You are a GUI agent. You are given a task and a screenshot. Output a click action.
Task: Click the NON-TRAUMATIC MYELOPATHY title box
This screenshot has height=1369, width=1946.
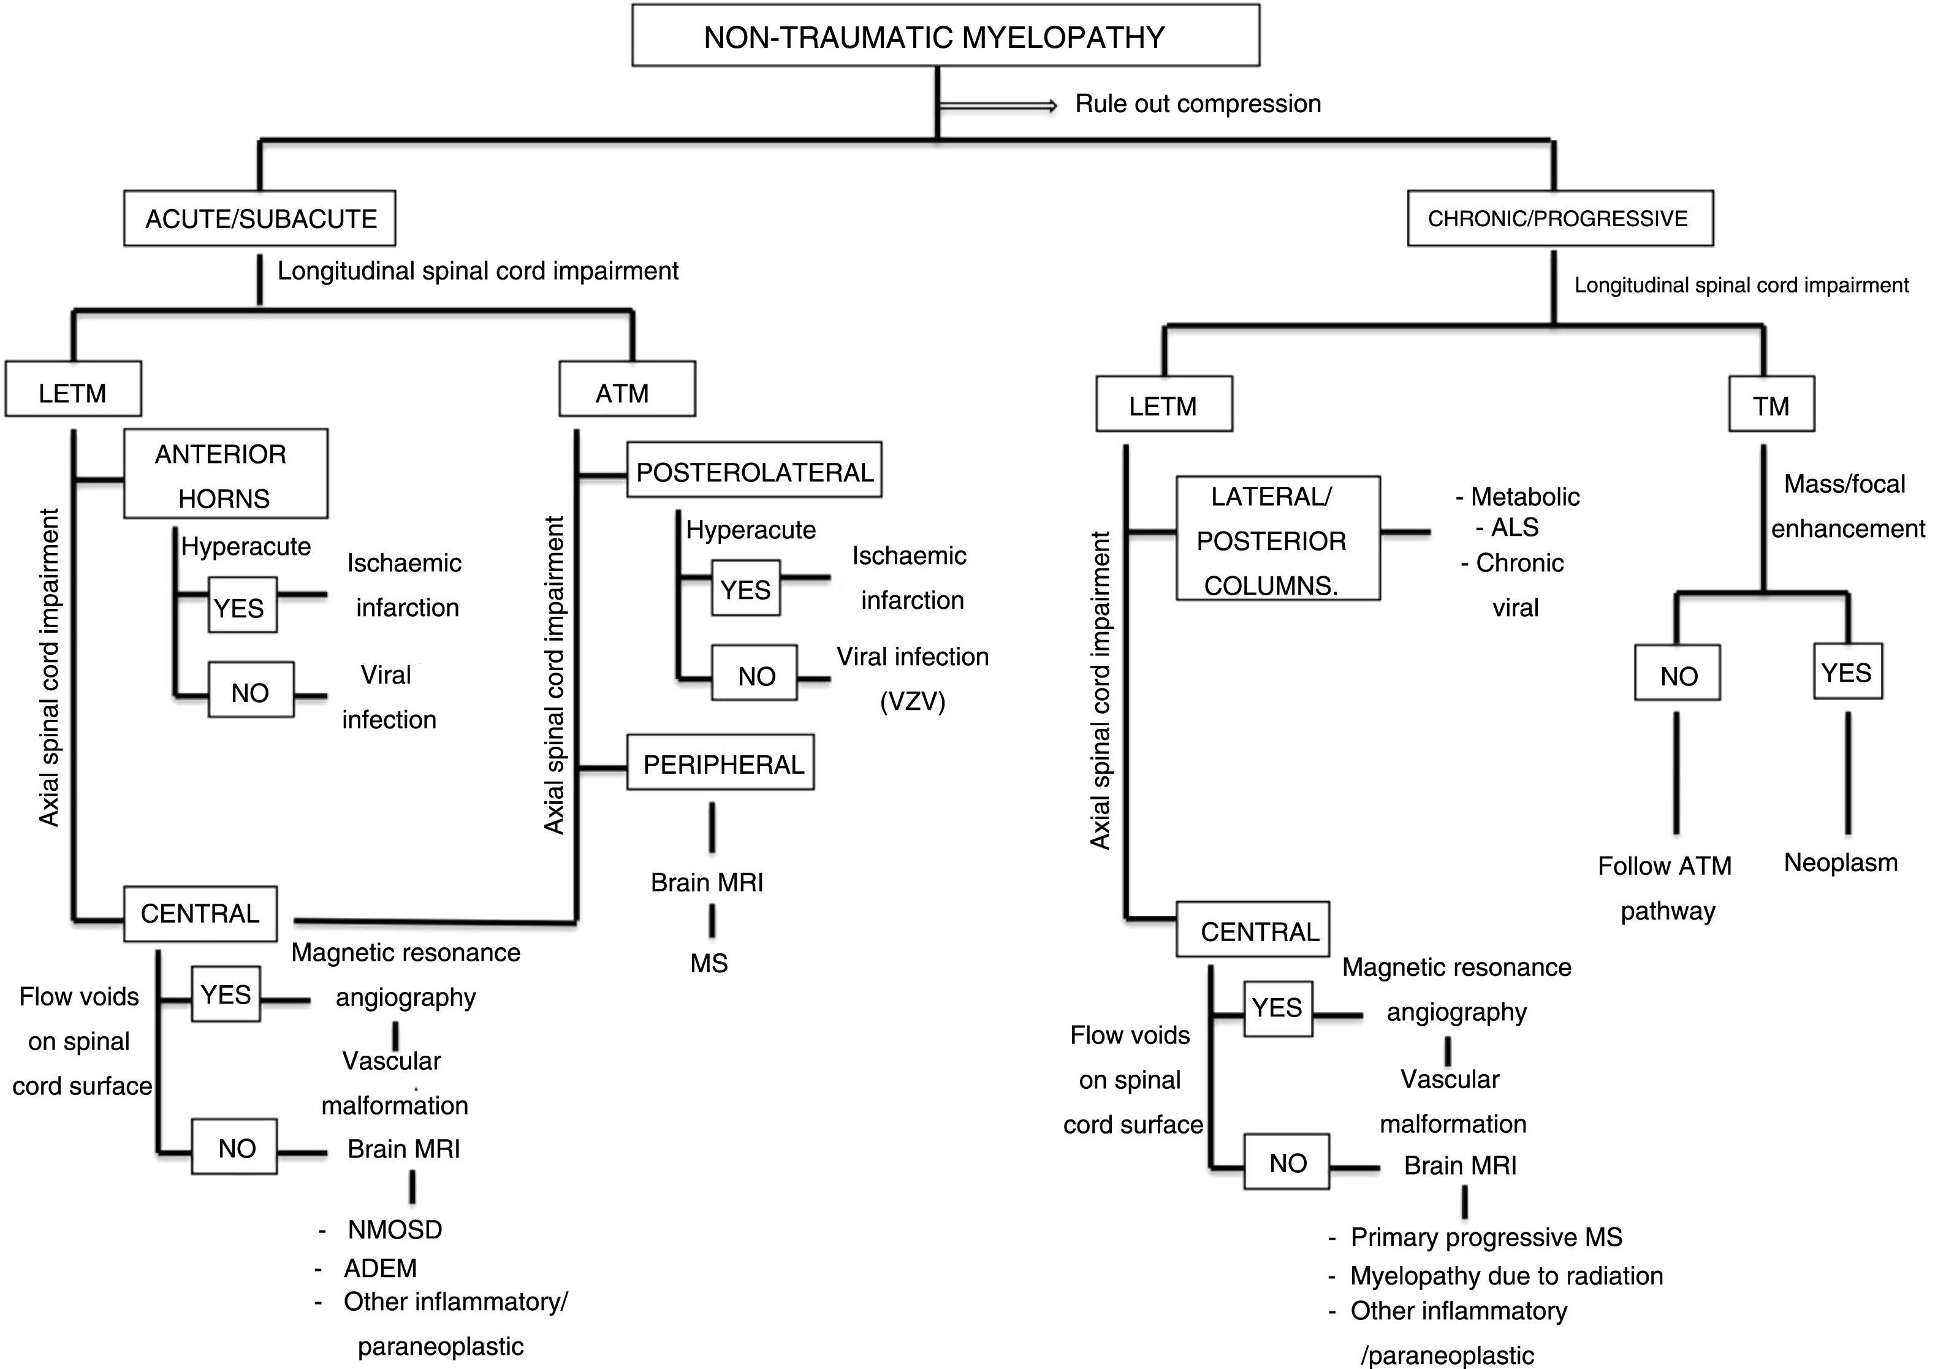[x=945, y=36]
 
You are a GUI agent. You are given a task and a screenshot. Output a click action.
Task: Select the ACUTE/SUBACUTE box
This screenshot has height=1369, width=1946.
[x=259, y=219]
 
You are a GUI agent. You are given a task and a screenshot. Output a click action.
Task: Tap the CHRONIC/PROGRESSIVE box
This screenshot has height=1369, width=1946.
[x=1559, y=219]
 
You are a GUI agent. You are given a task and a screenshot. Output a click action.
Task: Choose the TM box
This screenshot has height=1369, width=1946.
[x=1771, y=405]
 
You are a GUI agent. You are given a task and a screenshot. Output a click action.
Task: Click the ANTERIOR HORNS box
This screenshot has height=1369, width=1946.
[x=226, y=474]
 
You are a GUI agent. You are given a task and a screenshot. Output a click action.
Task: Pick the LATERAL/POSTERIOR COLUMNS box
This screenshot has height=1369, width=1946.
[x=1277, y=538]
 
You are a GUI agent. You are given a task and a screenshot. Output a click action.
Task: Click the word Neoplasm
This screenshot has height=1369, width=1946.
[x=1840, y=862]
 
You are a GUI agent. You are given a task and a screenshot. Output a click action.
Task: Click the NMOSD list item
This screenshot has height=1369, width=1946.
[x=394, y=1229]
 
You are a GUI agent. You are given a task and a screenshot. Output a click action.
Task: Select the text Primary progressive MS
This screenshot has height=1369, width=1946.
[x=1486, y=1237]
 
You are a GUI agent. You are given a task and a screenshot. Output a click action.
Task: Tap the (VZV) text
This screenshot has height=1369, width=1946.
[x=913, y=701]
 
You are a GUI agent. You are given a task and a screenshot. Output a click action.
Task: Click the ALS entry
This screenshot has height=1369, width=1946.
[x=1514, y=527]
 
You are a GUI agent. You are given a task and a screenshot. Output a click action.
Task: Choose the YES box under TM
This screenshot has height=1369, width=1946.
[x=1847, y=671]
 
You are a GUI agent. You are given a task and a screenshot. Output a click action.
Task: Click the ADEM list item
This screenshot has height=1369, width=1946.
[x=380, y=1267]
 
